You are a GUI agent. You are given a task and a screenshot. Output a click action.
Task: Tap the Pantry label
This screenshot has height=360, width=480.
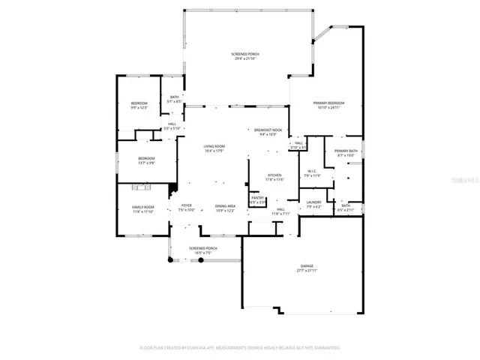(x=257, y=200)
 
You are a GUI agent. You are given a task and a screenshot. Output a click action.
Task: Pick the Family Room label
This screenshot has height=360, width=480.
(x=143, y=209)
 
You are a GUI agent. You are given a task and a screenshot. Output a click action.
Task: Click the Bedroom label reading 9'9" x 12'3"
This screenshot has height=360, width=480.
(x=139, y=105)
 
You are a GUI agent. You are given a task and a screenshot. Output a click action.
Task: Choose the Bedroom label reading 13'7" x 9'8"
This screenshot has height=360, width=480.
(x=145, y=160)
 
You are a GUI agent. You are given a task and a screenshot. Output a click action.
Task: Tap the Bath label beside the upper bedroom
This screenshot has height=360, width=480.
(x=174, y=98)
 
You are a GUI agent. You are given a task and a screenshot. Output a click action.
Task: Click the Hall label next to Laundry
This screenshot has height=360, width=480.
(x=281, y=211)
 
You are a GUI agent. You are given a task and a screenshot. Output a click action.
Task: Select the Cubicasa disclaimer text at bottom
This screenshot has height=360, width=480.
(x=240, y=348)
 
